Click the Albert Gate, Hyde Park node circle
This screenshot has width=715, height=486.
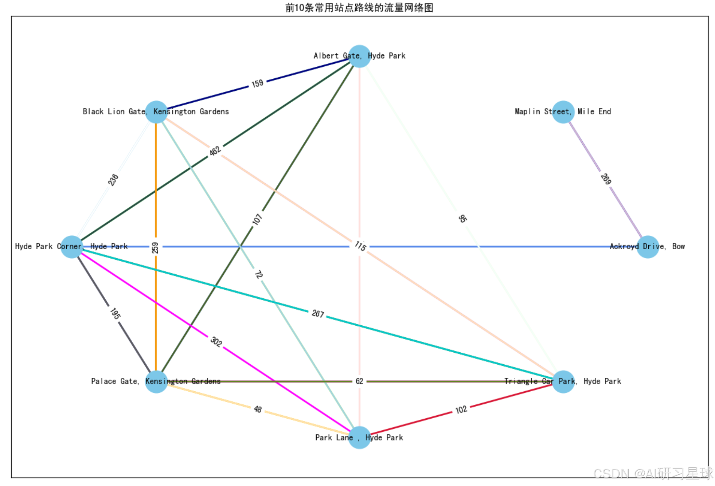[x=359, y=56]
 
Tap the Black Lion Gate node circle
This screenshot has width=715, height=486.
[x=156, y=112]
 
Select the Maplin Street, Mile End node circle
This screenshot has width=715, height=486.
[x=563, y=112]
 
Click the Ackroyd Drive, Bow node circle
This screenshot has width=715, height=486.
[x=648, y=247]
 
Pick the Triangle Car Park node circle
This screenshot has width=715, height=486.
[x=563, y=382]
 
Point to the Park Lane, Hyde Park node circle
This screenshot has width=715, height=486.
[x=359, y=438]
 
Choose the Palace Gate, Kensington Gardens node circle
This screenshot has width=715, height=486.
[x=156, y=382]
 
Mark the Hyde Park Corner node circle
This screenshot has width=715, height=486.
[x=71, y=247]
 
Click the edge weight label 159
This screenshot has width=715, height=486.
[x=257, y=83]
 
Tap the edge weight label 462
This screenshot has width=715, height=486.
[x=215, y=150]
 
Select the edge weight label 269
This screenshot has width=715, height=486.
[x=606, y=179]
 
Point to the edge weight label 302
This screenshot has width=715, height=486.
[x=216, y=341]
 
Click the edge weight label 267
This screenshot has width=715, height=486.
[x=317, y=313]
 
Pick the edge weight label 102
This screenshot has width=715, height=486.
[x=461, y=409]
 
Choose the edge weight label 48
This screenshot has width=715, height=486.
[x=258, y=409]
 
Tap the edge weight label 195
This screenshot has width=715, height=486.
[x=114, y=313]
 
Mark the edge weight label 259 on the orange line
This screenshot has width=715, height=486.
[x=156, y=248]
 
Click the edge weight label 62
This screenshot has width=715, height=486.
[x=359, y=381]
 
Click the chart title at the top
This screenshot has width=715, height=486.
[x=359, y=8]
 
